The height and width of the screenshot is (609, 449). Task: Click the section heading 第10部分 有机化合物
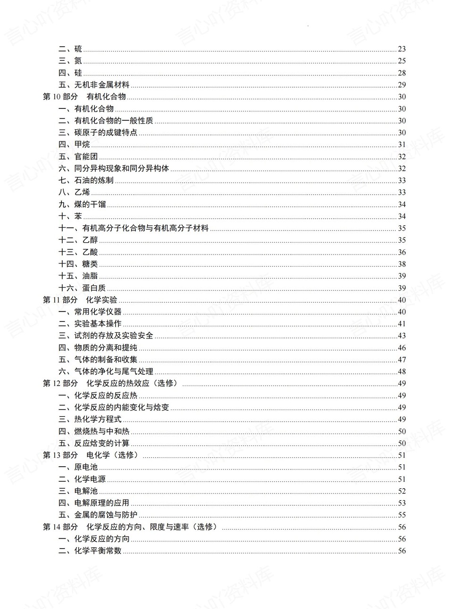click(x=84, y=97)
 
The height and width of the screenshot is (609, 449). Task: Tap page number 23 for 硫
click(x=402, y=49)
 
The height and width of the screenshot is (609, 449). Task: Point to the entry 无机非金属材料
click(x=101, y=85)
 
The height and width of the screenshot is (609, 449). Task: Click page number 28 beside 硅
click(x=402, y=73)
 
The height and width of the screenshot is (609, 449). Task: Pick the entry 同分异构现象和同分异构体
click(x=121, y=168)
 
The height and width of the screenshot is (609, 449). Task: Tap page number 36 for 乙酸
click(x=402, y=252)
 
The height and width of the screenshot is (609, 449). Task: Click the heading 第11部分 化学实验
click(x=80, y=300)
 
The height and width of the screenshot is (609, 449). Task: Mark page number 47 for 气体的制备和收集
click(x=402, y=360)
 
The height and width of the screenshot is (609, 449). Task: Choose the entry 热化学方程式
click(x=98, y=419)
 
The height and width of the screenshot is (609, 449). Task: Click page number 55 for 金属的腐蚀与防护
click(x=402, y=515)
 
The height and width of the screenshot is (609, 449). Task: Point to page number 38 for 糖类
click(x=402, y=264)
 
